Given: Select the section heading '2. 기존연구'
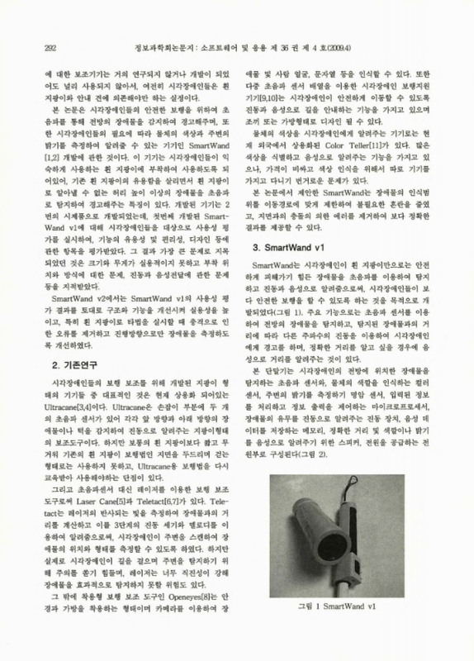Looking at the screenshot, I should (x=56, y=364).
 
